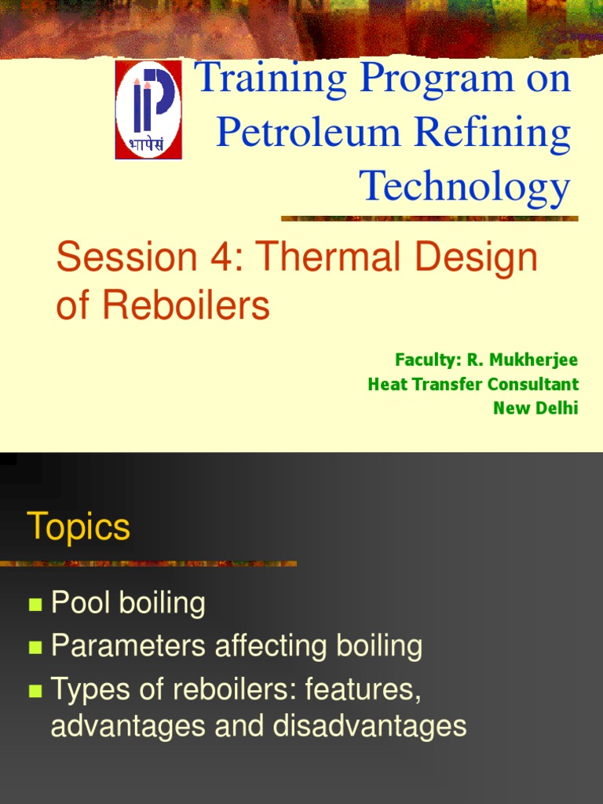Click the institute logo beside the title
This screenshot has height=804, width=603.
click(x=148, y=110)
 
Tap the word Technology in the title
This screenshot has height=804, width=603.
click(x=464, y=188)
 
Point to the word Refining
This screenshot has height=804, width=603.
click(x=492, y=133)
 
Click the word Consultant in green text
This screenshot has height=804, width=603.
click(x=533, y=385)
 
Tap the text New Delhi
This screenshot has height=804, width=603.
click(x=535, y=408)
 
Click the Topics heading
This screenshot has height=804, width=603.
click(x=79, y=526)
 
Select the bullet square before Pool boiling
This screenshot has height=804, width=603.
click(x=35, y=605)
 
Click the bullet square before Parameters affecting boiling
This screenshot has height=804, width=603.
click(x=35, y=648)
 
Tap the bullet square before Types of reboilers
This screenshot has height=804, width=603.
click(x=35, y=691)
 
